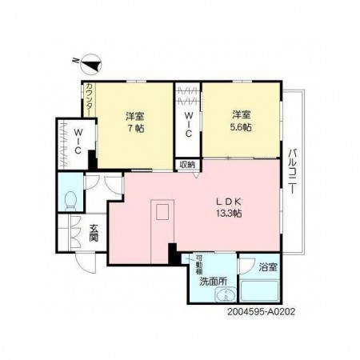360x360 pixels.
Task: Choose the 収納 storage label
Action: [x=186, y=165]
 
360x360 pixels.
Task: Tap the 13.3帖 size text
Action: [x=228, y=214]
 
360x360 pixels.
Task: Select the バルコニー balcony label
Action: [x=292, y=168]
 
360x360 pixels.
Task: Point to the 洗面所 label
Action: [x=214, y=282]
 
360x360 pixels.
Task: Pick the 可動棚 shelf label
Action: [x=198, y=264]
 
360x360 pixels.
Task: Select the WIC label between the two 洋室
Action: [x=187, y=126]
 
